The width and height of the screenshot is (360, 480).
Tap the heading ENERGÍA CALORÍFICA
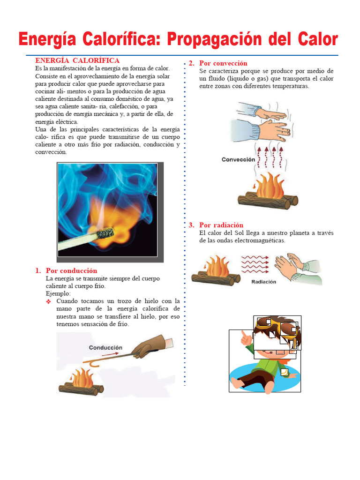coord(77,60)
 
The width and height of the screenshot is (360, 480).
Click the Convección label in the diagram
coord(239,159)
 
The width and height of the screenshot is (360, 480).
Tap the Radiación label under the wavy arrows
coord(264,282)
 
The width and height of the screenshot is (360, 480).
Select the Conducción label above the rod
coord(106,347)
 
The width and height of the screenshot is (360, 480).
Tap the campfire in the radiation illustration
coord(215,270)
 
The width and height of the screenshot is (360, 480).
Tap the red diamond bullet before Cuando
coord(48,301)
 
